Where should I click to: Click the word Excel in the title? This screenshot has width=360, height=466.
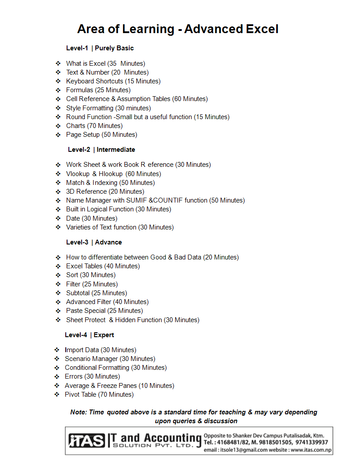[262, 29]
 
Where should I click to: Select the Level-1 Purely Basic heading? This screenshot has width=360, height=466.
[100, 48]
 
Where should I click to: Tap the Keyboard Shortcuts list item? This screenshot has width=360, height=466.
[113, 81]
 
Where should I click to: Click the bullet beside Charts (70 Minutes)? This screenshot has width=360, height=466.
[58, 126]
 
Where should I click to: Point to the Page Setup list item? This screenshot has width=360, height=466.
[101, 135]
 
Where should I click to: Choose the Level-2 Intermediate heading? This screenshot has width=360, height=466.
[101, 150]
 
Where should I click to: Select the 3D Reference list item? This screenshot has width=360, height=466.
[105, 192]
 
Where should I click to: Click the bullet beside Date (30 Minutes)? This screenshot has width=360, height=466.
[58, 218]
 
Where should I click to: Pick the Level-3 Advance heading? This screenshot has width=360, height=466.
[94, 242]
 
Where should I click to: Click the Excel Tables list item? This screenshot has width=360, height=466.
[103, 266]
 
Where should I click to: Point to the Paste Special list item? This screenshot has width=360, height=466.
[105, 311]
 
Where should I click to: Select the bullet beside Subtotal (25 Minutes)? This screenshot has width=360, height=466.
[58, 293]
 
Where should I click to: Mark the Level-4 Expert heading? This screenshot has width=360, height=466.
[90, 335]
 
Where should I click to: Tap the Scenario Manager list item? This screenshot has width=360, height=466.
[110, 359]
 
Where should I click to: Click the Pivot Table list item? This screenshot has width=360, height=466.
[99, 395]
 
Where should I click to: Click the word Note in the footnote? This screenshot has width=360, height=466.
[78, 412]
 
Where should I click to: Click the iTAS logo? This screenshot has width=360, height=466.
[87, 440]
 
